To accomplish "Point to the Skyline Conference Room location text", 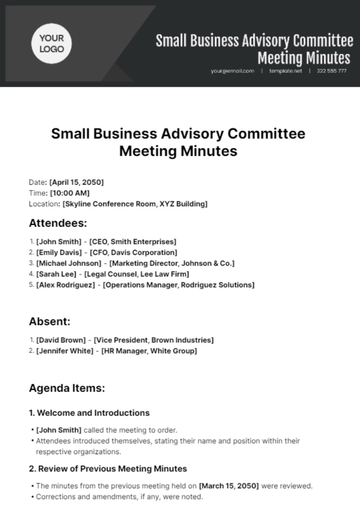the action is (x=128, y=203).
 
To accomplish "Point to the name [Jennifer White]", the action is (x=65, y=353).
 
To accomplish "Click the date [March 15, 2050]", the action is (x=233, y=485).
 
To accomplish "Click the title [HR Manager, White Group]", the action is (x=150, y=353).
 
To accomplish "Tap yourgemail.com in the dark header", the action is (x=232, y=71).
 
